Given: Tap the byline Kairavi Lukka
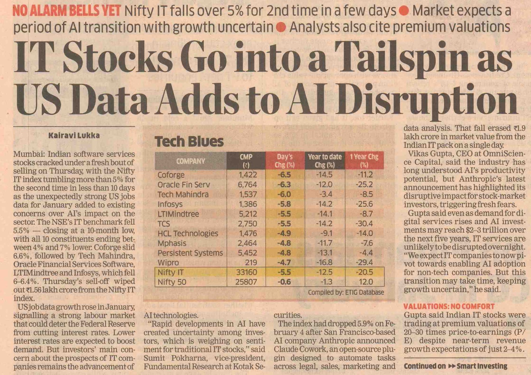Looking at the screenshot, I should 74,135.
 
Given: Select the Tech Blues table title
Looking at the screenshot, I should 189,142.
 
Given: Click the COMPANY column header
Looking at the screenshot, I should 190,161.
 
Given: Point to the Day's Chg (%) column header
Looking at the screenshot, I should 285,161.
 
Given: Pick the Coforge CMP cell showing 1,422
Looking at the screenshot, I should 248,175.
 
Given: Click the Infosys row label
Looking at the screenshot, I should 170,204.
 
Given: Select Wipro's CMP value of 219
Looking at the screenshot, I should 251,262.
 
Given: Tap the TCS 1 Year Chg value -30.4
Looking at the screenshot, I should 364,224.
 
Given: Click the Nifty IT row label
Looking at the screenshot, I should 171,272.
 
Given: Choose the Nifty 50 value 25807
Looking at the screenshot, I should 246,282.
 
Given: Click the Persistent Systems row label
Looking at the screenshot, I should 190,253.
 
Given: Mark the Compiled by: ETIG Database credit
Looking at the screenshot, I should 346,292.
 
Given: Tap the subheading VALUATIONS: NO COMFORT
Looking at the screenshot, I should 449,306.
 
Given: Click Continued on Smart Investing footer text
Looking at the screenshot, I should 455,366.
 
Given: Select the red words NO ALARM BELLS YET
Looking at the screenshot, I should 66,11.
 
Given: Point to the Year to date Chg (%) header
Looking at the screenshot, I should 325,161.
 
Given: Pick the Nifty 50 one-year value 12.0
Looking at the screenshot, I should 366,282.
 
